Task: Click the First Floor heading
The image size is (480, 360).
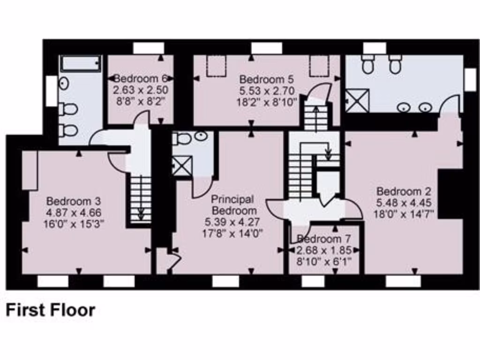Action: tap(50, 310)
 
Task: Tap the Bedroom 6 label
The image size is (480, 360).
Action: tap(141, 78)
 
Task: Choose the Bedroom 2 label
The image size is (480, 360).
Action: tap(404, 192)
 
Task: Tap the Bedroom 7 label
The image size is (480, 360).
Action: tap(323, 239)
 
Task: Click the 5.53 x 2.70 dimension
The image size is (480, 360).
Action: tap(268, 90)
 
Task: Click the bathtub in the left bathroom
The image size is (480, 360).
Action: tap(80, 64)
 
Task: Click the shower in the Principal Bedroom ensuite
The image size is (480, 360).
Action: tap(182, 166)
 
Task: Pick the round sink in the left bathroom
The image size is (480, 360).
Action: tap(64, 83)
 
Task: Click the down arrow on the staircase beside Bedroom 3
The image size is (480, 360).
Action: tap(140, 213)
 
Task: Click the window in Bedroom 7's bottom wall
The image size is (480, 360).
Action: tap(313, 281)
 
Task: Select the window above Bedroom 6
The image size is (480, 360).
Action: tap(148, 48)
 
